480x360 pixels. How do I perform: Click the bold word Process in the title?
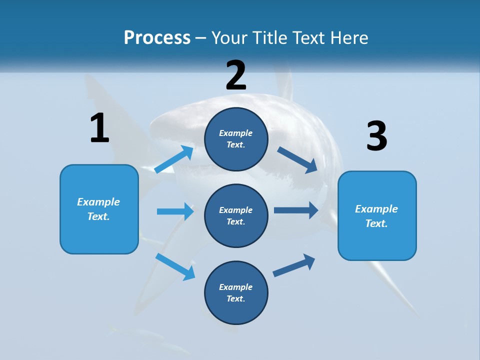click(x=157, y=37)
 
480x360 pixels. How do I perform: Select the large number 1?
click(x=99, y=128)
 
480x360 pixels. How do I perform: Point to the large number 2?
click(x=236, y=75)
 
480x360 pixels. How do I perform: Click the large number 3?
click(x=376, y=136)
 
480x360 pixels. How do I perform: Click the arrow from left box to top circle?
click(x=174, y=159)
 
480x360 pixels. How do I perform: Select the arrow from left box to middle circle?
click(x=175, y=211)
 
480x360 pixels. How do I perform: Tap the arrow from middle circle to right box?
click(x=295, y=210)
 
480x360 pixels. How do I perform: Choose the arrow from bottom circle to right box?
click(x=294, y=265)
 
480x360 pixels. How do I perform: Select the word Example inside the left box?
click(x=98, y=202)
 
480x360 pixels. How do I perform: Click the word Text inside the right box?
click(x=376, y=223)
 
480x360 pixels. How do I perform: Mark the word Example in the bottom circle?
click(x=236, y=287)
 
